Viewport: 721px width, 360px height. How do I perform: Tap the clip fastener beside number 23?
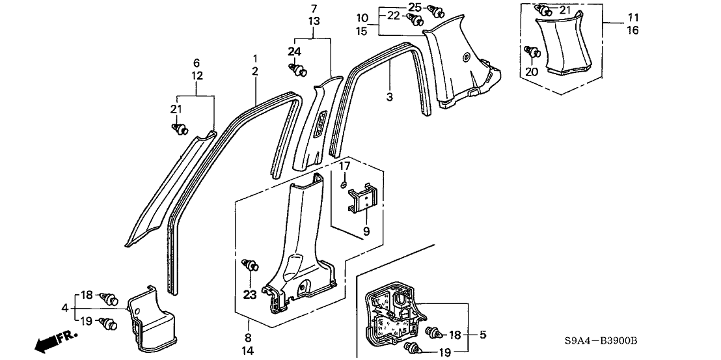click(249, 264)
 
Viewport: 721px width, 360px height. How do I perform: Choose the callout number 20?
click(532, 72)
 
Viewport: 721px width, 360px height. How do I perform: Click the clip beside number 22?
click(411, 18)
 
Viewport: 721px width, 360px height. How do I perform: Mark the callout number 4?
click(64, 307)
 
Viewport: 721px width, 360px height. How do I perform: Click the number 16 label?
click(614, 31)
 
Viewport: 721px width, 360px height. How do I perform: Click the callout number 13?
click(314, 21)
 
